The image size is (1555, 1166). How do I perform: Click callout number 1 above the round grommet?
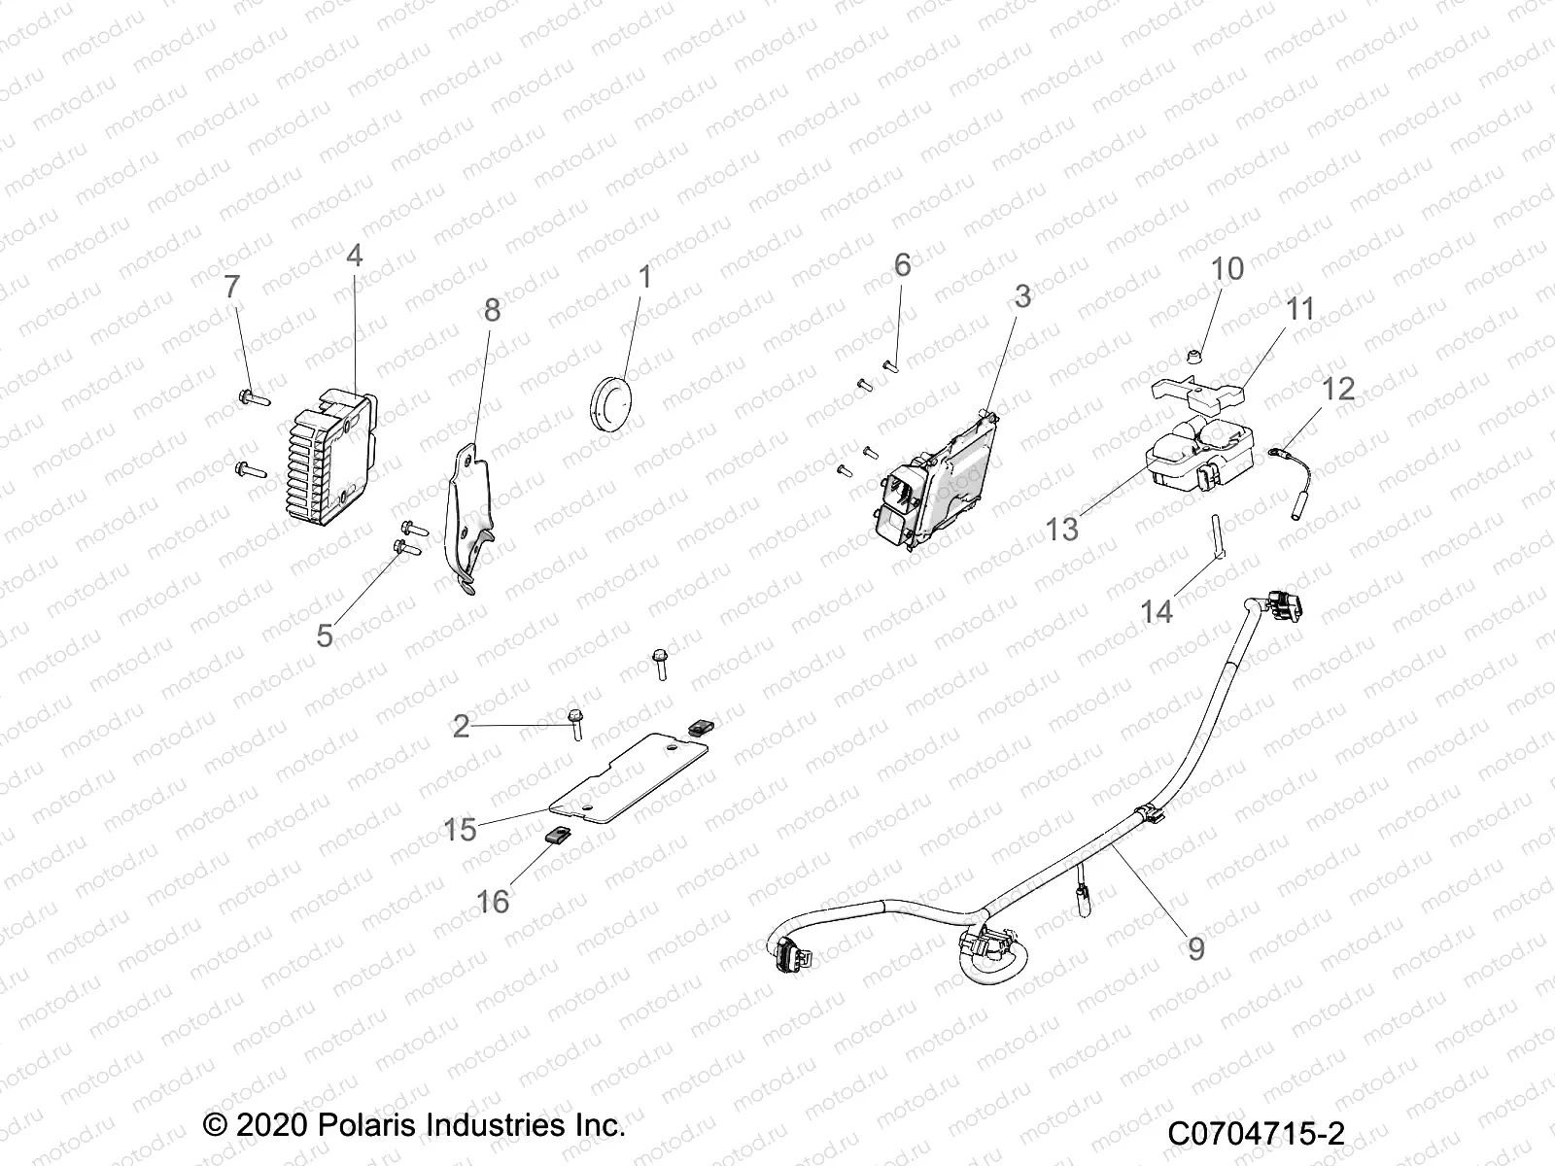tap(644, 278)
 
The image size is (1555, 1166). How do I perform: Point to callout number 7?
tap(231, 289)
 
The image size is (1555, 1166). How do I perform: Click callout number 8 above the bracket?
tap(493, 310)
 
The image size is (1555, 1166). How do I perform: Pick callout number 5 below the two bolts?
tap(325, 635)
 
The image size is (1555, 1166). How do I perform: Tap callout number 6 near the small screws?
tap(902, 264)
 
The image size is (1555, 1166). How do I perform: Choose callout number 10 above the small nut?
tap(1227, 269)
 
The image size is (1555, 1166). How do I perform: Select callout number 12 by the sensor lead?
tap(1338, 389)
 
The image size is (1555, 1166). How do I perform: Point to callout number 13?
tap(1062, 530)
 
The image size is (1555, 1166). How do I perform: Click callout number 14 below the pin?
tap(1157, 611)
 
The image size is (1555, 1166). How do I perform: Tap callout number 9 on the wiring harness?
tap(1195, 947)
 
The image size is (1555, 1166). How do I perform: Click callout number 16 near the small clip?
tap(492, 902)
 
